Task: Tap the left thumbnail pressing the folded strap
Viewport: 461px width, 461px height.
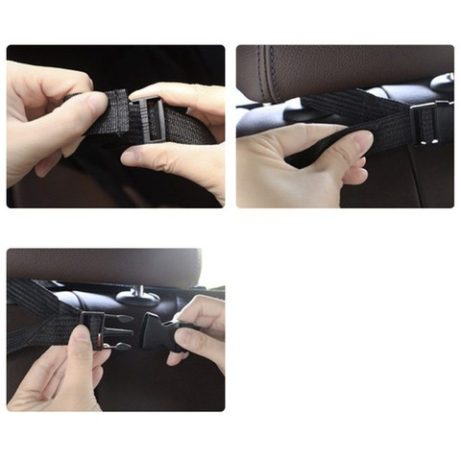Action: coord(97,100)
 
